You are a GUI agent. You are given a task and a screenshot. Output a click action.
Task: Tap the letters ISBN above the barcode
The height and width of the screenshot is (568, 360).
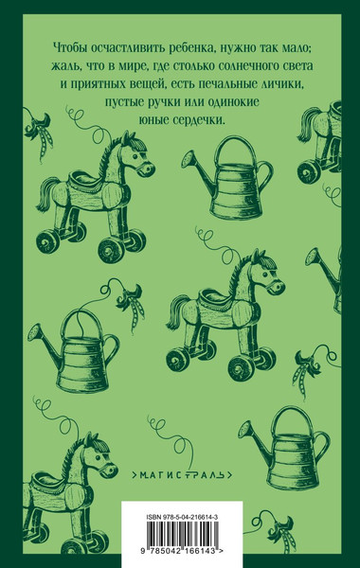point(142,488)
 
